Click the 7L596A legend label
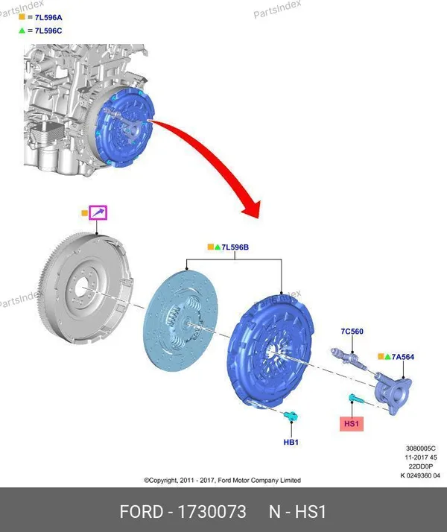[48, 17]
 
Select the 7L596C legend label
[48, 31]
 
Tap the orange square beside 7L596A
[22, 16]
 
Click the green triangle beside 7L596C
[22, 31]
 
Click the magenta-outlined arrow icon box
[98, 213]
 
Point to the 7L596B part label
[235, 247]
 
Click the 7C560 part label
[352, 331]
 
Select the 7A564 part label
[403, 357]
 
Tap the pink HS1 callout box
[352, 424]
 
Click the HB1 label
[291, 442]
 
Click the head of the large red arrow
[253, 209]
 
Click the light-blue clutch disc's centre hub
[185, 324]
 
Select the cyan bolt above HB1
[291, 416]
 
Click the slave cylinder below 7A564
[393, 393]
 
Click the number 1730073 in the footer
[212, 512]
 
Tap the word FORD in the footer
[141, 512]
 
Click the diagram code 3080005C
[420, 449]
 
